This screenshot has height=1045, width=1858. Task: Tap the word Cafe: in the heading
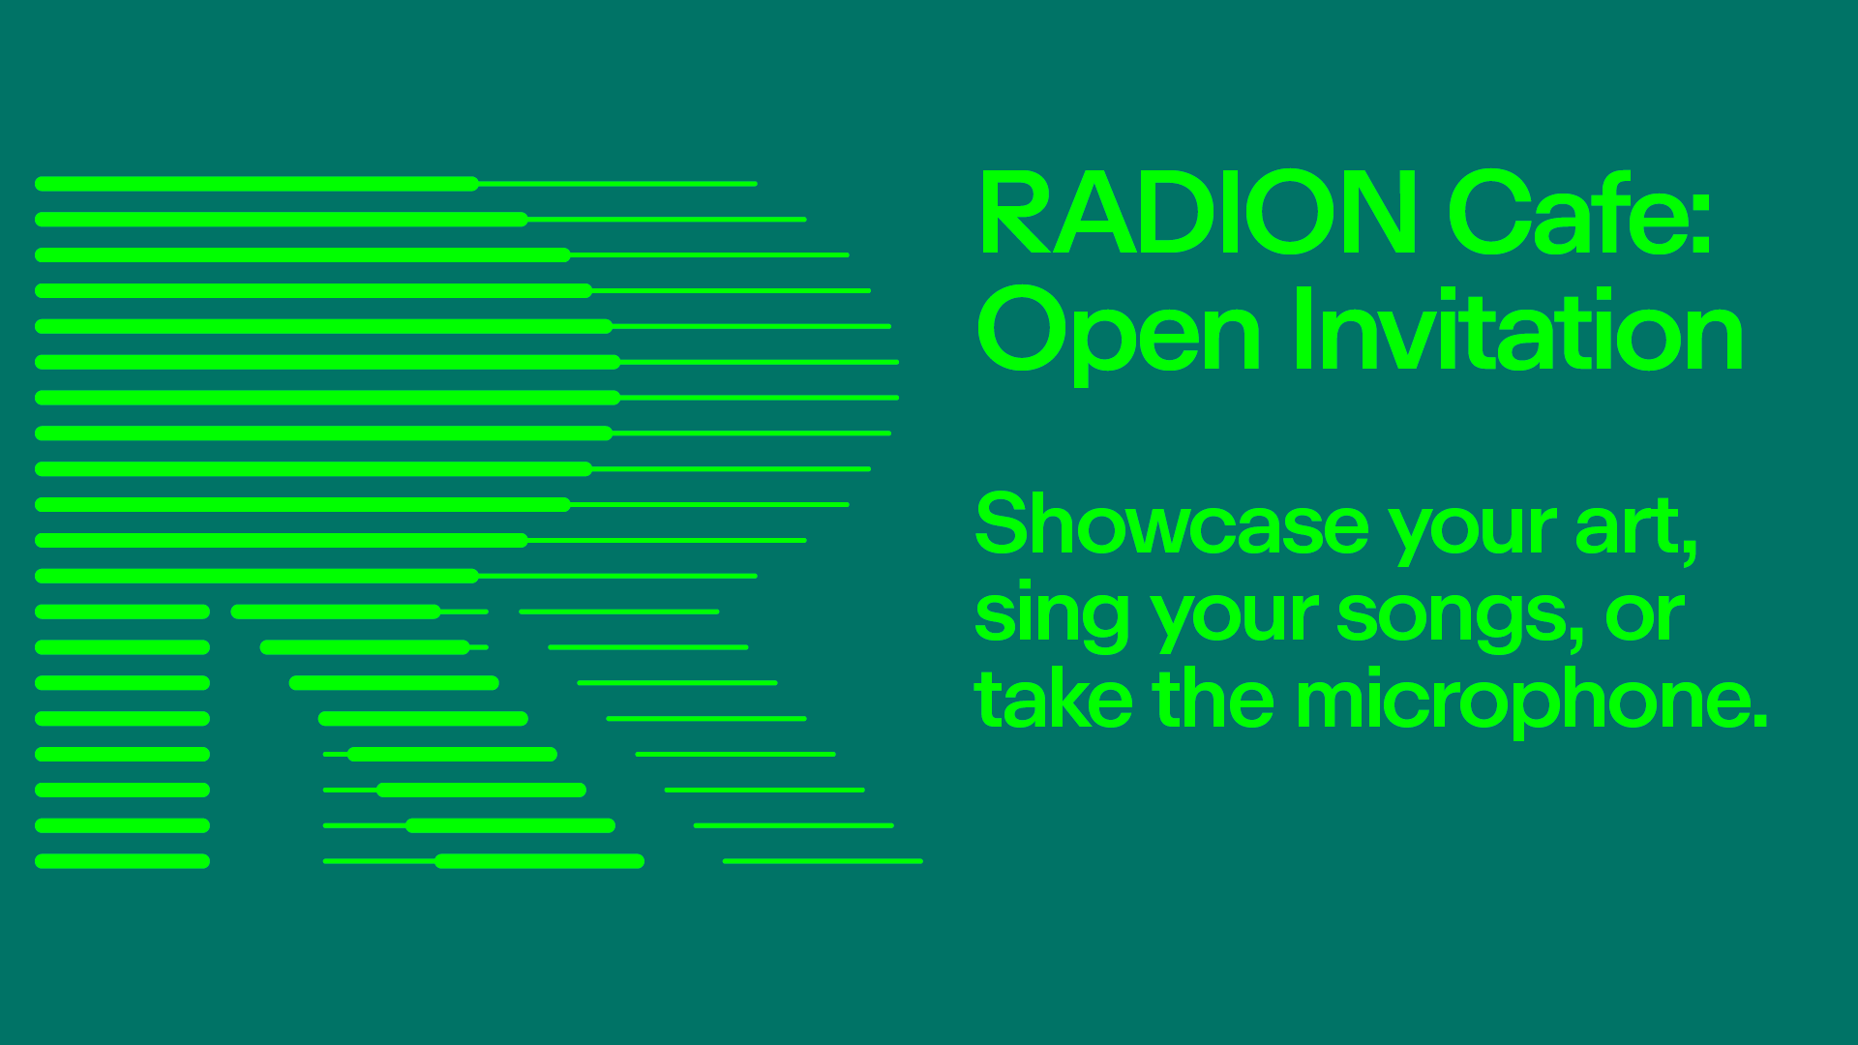(1580, 212)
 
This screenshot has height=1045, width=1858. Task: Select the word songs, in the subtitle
(1460, 617)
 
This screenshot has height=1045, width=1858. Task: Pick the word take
(1054, 699)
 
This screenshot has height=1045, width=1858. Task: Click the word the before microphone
(1214, 698)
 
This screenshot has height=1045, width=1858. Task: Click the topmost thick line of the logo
(256, 184)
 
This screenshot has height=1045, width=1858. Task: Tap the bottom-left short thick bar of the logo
(122, 861)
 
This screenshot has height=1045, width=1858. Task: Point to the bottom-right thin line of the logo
(823, 861)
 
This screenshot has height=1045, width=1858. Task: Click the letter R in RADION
(1019, 212)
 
